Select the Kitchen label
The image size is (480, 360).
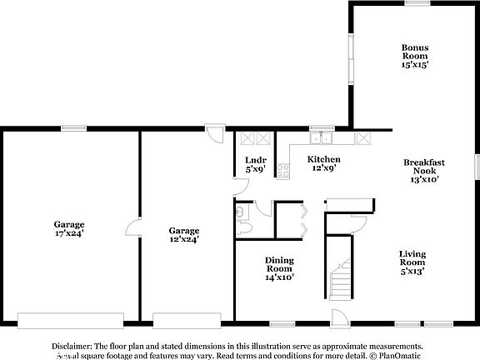(x=323, y=159)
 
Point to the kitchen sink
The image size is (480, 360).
(x=321, y=138)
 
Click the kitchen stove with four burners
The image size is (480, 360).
(x=282, y=170)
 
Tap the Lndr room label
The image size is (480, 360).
(x=255, y=159)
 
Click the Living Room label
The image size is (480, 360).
(x=412, y=257)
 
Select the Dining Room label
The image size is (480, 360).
(x=279, y=263)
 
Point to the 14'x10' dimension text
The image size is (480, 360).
(x=279, y=277)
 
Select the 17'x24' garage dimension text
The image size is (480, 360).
(x=70, y=233)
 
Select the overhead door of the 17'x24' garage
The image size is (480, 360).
(x=71, y=320)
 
